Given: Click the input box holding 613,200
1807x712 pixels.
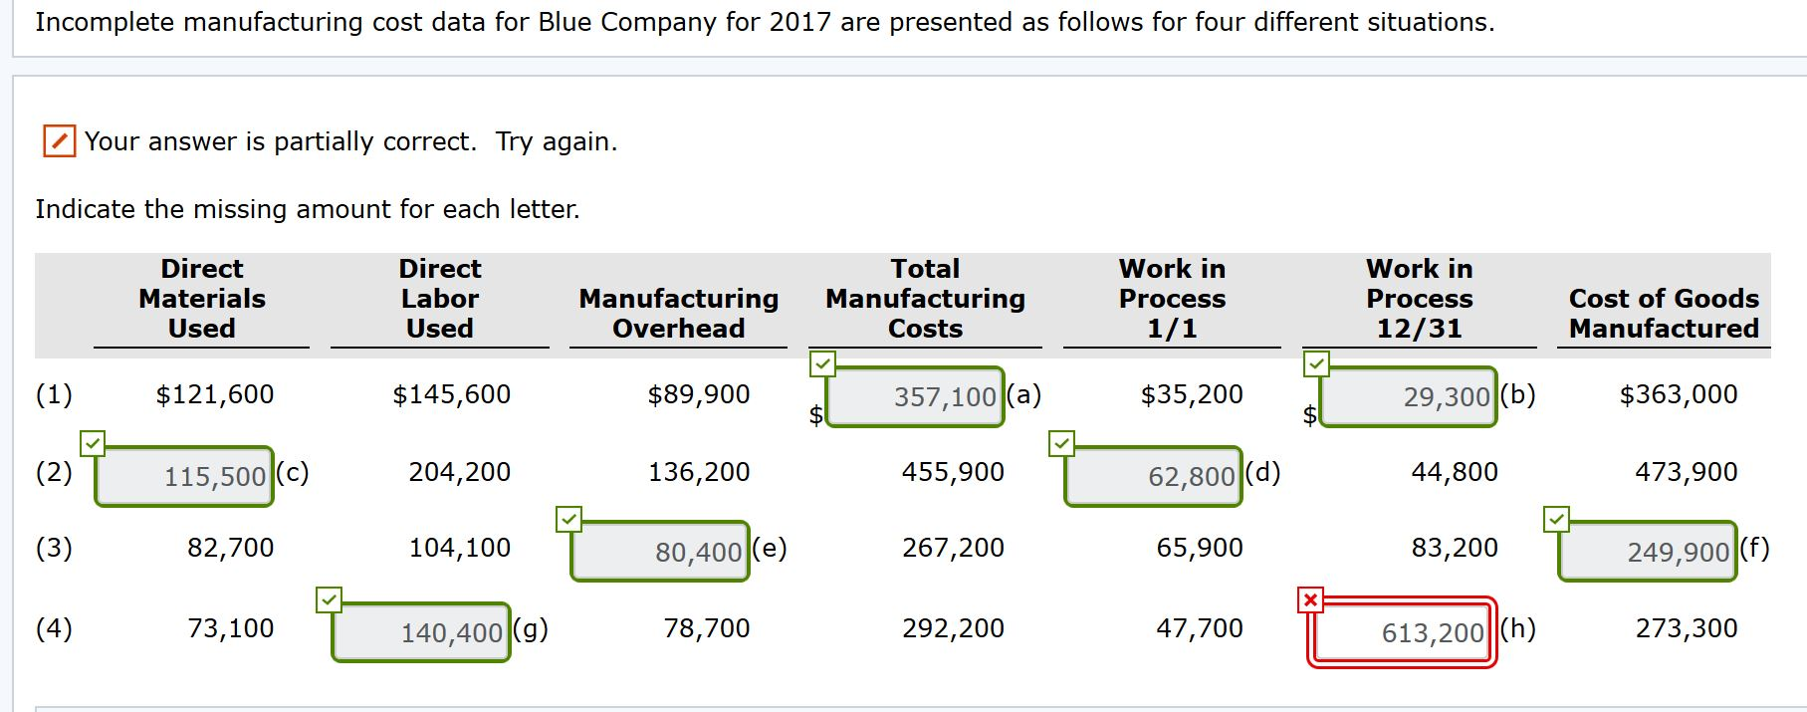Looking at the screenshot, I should coord(1402,631).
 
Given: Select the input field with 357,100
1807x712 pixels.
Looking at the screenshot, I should coord(915,396).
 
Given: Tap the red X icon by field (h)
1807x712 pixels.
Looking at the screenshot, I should coord(1310,599).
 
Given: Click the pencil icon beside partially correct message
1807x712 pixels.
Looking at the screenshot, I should coord(59,141).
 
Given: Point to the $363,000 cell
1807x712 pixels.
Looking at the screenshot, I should coord(1678,394).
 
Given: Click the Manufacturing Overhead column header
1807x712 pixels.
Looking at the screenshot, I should coord(678,313).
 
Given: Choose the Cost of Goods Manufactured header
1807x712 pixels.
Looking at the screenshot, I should coord(1663,313).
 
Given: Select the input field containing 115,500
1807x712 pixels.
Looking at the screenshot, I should coord(184,476).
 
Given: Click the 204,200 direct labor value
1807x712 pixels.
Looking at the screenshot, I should coord(459,472).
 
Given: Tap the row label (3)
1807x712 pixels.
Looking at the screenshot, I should coord(54,548).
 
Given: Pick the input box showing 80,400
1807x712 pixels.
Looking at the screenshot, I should coord(660,551).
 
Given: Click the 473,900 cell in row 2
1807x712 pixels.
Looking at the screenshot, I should coord(1686,472).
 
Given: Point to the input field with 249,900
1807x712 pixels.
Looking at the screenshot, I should coord(1647,551).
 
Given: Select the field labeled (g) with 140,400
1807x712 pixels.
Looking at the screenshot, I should coord(421,631).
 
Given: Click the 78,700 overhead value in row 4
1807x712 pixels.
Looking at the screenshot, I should coord(706,628).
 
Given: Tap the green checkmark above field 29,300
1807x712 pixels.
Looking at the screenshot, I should coord(1316,363).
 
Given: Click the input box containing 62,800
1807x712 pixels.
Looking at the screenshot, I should coord(1153,476).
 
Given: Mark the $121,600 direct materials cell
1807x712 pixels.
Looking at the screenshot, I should coord(214,394).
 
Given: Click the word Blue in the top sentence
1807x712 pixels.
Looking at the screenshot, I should coord(565,22).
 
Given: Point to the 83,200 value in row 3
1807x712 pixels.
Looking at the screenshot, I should coord(1454,548).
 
